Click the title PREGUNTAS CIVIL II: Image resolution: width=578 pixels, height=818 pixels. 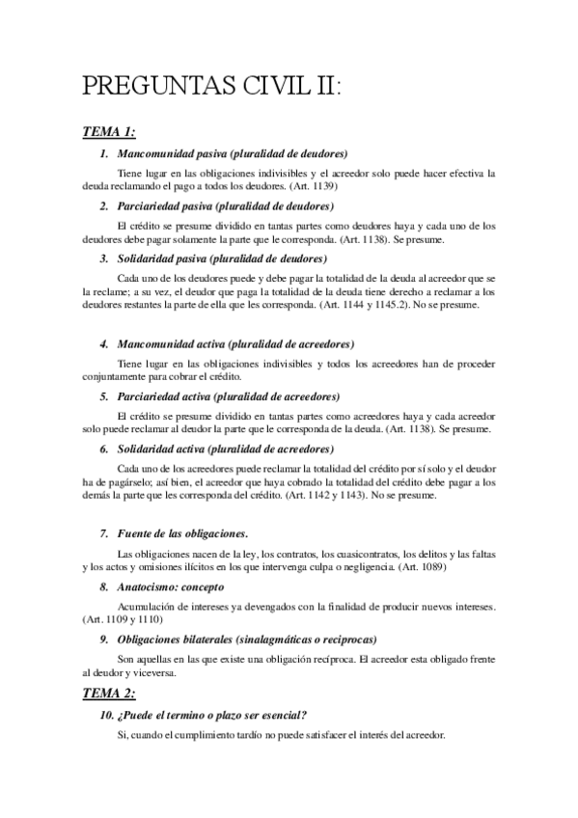[x=213, y=86]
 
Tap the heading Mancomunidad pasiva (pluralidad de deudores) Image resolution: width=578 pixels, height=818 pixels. [x=232, y=153]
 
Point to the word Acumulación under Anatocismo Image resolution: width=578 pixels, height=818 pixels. [x=146, y=607]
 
